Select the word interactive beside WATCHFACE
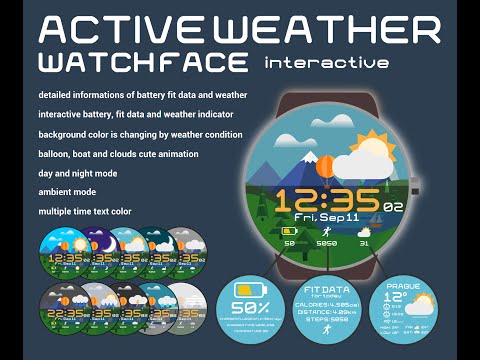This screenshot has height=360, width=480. tap(327, 63)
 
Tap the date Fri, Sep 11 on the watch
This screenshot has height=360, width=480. tap(326, 216)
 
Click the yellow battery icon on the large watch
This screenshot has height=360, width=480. tap(290, 231)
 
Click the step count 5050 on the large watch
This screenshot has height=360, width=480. tap(326, 242)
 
